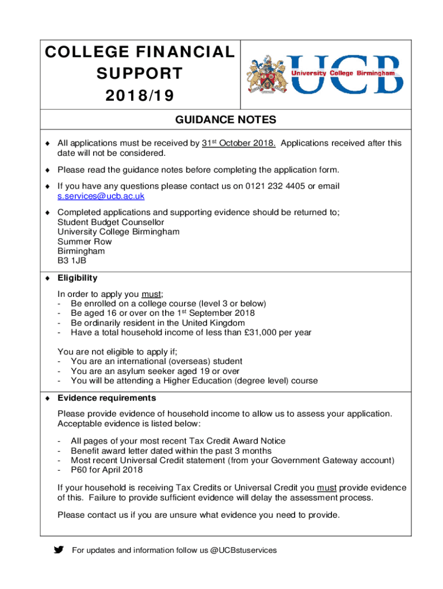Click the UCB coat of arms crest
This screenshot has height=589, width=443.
pyautogui.click(x=267, y=75)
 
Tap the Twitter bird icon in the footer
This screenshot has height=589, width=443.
pyautogui.click(x=59, y=550)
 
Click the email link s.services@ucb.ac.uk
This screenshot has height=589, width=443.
pyautogui.click(x=101, y=196)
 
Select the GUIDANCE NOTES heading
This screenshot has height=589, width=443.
pyautogui.click(x=226, y=120)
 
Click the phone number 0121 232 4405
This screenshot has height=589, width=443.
pyautogui.click(x=278, y=186)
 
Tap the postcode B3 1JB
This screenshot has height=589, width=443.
pyautogui.click(x=72, y=261)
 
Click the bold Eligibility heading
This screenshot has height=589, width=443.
pyautogui.click(x=77, y=278)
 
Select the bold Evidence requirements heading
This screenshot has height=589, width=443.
pyautogui.click(x=106, y=398)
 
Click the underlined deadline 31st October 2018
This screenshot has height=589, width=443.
pyautogui.click(x=239, y=143)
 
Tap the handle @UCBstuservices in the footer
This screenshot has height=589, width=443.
pyautogui.click(x=243, y=550)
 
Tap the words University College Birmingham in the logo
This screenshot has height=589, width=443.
pyautogui.click(x=343, y=74)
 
